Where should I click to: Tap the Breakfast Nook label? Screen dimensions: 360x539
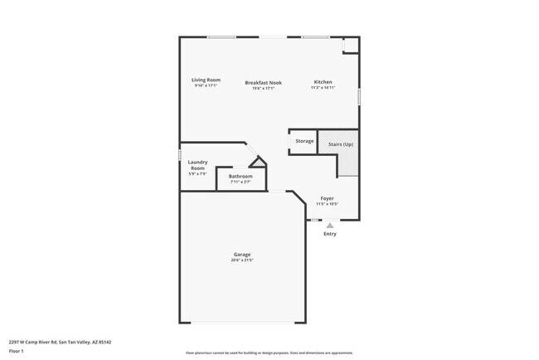click(265, 81)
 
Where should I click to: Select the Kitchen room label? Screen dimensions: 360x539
click(323, 81)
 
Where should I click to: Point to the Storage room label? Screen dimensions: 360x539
click(304, 141)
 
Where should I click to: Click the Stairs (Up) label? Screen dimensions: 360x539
click(341, 144)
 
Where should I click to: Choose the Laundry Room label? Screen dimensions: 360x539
click(197, 165)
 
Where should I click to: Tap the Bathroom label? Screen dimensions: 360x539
click(240, 176)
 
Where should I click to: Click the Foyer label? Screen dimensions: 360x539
click(327, 198)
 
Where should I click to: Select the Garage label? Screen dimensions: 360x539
click(241, 254)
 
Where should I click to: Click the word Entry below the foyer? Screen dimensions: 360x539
click(330, 234)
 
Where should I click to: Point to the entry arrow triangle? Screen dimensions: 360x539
click(330, 225)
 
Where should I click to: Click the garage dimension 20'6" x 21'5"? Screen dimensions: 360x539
click(241, 260)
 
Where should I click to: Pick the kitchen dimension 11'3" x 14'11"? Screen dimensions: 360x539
click(323, 87)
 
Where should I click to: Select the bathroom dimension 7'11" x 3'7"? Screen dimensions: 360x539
click(240, 182)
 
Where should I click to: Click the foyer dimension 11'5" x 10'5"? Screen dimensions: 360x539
click(327, 204)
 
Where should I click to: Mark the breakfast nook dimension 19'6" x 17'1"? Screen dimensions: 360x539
click(265, 87)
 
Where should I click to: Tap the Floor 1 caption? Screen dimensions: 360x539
click(17, 351)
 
